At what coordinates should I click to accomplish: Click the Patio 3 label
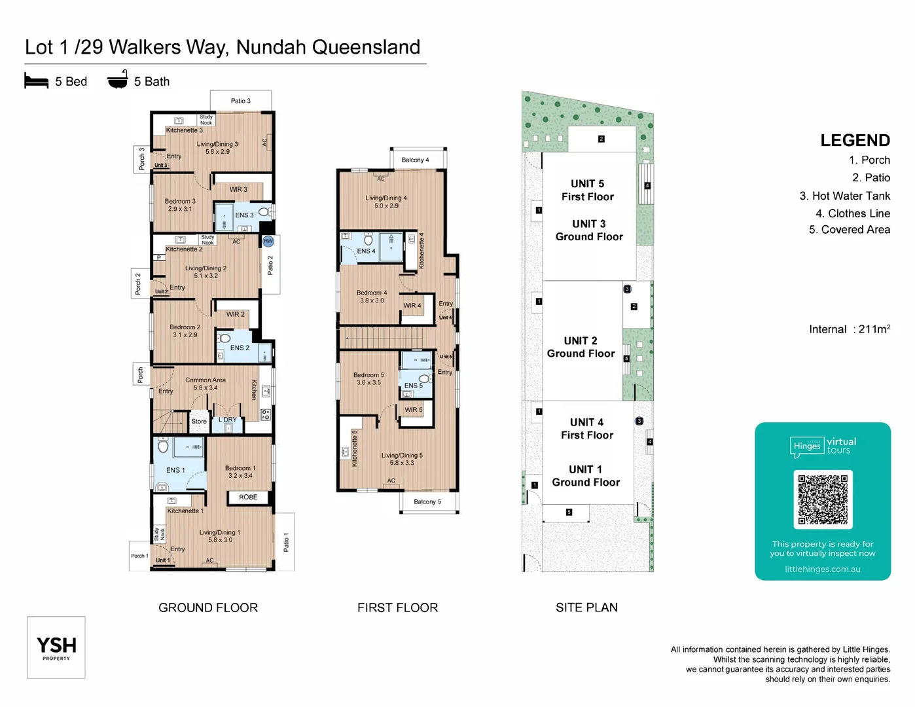240,101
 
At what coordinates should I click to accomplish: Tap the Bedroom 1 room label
240,468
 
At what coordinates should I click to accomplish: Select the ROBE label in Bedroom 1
248,498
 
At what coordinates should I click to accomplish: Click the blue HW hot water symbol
268,242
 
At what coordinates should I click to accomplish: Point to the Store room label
199,422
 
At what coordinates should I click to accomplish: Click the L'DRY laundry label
228,420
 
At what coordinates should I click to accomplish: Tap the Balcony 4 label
415,160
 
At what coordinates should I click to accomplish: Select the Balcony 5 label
427,502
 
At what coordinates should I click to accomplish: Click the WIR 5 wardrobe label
413,410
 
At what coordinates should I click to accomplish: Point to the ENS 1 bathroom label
175,470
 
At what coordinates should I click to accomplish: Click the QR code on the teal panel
823,499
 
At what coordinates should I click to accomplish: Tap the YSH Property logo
56,647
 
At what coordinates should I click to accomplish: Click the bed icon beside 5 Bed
37,81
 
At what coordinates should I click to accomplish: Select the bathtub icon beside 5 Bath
118,81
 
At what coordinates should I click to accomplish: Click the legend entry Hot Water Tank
844,196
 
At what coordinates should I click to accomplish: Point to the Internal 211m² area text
849,329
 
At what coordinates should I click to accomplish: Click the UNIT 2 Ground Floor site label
581,347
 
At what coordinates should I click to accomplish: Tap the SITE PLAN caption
586,607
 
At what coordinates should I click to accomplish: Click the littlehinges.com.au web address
823,570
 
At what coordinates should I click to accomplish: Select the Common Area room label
205,380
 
